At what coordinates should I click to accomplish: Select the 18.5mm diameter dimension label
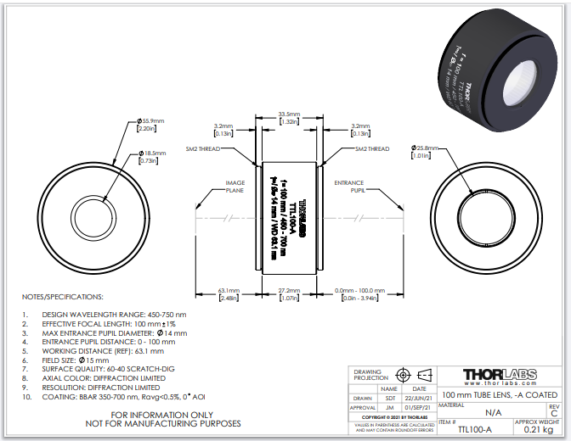click(154, 153)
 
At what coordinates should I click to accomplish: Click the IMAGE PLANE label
click(235, 187)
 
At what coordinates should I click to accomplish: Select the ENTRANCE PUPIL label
click(348, 187)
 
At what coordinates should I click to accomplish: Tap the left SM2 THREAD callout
click(204, 148)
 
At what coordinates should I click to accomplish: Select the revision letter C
click(554, 414)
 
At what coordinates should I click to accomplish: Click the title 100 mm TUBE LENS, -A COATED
click(500, 395)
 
